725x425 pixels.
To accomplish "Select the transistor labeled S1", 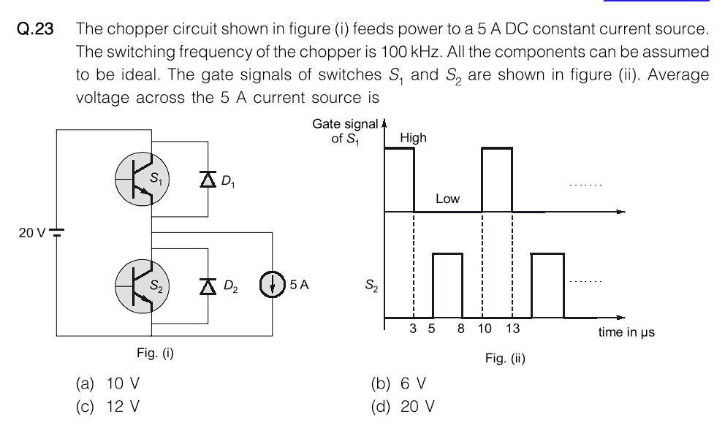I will click(143, 180).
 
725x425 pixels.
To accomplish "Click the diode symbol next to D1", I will click(207, 180).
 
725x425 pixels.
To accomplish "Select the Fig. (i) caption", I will click(155, 353).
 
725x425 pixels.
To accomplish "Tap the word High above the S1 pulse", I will click(413, 137).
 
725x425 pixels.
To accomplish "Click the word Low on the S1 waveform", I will click(447, 199).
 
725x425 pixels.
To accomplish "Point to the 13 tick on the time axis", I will click(512, 329).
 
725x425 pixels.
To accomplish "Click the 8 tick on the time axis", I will click(460, 329).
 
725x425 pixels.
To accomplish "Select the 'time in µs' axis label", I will click(626, 332).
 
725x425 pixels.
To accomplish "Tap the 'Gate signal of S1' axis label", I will click(346, 131).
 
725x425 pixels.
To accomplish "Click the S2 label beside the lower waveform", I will click(371, 286).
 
